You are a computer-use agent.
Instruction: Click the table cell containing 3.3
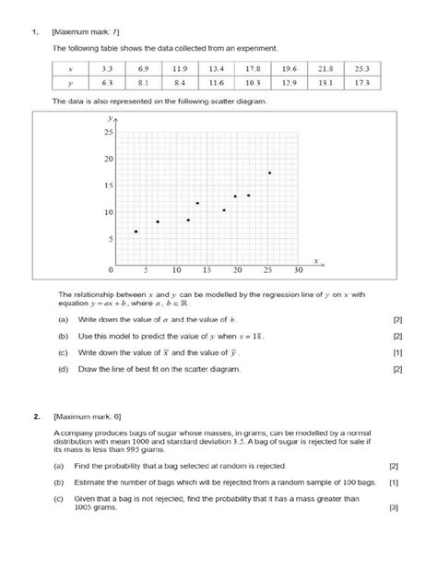point(106,68)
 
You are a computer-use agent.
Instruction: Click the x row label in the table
point(69,68)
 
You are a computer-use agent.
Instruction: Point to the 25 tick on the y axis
point(108,133)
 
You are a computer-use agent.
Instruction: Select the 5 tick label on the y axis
point(111,239)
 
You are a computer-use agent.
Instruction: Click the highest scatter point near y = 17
point(269,173)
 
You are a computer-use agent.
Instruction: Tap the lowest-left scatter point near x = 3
point(136,232)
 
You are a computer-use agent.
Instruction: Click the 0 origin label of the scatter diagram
point(111,270)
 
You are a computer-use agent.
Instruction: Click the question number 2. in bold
point(36,417)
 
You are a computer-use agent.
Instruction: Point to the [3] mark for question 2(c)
point(394,507)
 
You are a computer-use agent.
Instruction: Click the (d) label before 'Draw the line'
point(63,369)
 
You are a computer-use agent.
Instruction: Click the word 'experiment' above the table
point(247,47)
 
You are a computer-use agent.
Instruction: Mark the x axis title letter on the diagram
point(314,262)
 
